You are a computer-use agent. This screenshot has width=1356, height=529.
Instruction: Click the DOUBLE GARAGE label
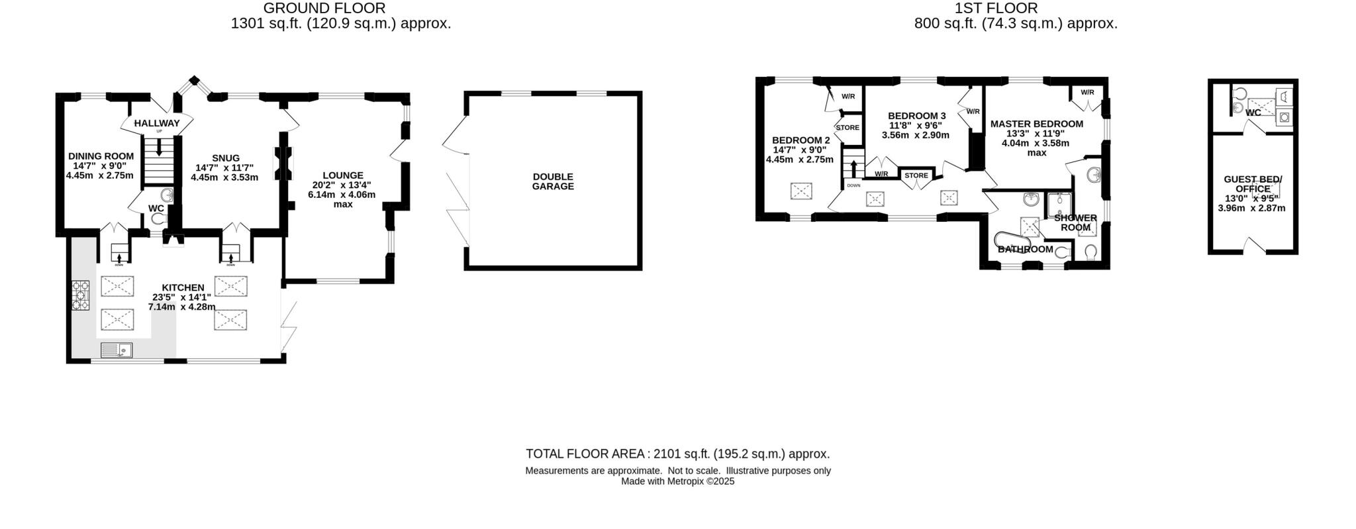(553, 181)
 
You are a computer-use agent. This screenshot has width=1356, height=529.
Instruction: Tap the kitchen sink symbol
(117, 350)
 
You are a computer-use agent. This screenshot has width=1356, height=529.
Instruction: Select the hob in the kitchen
(81, 296)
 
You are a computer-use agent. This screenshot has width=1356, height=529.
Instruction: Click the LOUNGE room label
(343, 175)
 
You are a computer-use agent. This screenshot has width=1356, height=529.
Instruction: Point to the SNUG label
(226, 158)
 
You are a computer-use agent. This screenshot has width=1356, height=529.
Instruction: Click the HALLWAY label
(157, 123)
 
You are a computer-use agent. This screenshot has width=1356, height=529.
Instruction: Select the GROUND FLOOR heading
(324, 8)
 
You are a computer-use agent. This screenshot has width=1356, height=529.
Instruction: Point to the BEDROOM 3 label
(916, 116)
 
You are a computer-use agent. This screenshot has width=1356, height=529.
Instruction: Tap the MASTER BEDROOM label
(1036, 124)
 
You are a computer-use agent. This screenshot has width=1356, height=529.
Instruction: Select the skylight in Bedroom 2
(801, 191)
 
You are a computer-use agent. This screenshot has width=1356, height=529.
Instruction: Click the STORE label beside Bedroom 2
(847, 128)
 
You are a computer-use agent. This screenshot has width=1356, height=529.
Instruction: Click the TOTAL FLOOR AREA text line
(677, 454)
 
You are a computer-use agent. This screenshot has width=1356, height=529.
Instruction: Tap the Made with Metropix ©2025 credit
(677, 482)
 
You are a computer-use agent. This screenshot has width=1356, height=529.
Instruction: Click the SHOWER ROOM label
(1075, 222)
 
